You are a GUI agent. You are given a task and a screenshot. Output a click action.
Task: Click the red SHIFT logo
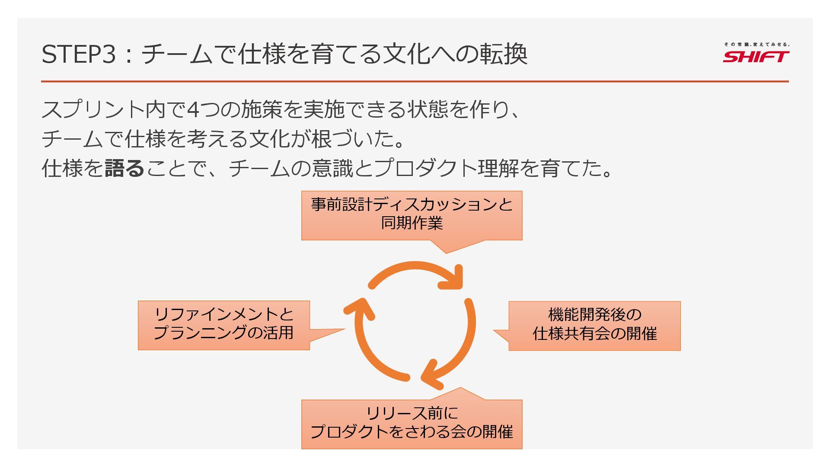pos(756,57)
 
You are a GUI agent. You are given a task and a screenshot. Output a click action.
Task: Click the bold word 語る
pos(124,168)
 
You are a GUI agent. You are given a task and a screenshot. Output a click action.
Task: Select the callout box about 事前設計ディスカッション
pos(412,215)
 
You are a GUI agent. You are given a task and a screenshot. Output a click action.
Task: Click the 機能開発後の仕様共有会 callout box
pos(594,325)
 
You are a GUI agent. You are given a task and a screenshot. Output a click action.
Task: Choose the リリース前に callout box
pos(412,424)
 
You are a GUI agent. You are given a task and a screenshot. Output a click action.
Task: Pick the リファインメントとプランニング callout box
pos(223,325)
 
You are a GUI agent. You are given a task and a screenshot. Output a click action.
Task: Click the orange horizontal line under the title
pos(415,81)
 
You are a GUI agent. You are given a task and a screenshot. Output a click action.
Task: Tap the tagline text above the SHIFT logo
pos(757,44)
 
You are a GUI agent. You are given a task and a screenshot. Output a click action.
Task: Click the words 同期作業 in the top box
pos(412,224)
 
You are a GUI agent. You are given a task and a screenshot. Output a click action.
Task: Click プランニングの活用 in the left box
pos(223,333)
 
